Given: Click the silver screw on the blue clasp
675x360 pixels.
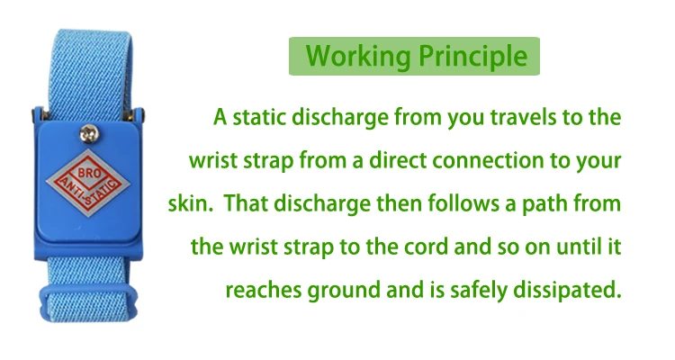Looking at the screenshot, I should [x=87, y=134].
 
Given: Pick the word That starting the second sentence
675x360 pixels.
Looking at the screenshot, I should [x=244, y=204].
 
